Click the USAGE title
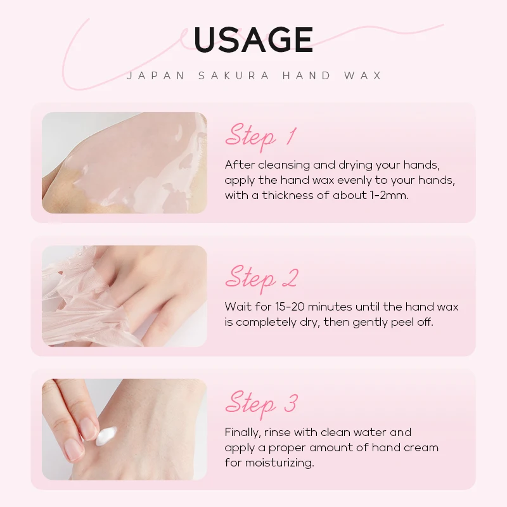tap(253, 40)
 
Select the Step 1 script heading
tap(260, 136)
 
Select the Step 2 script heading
tap(261, 278)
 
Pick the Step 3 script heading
tap(261, 403)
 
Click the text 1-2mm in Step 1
tap(388, 195)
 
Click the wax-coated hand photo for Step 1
tap(124, 162)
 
